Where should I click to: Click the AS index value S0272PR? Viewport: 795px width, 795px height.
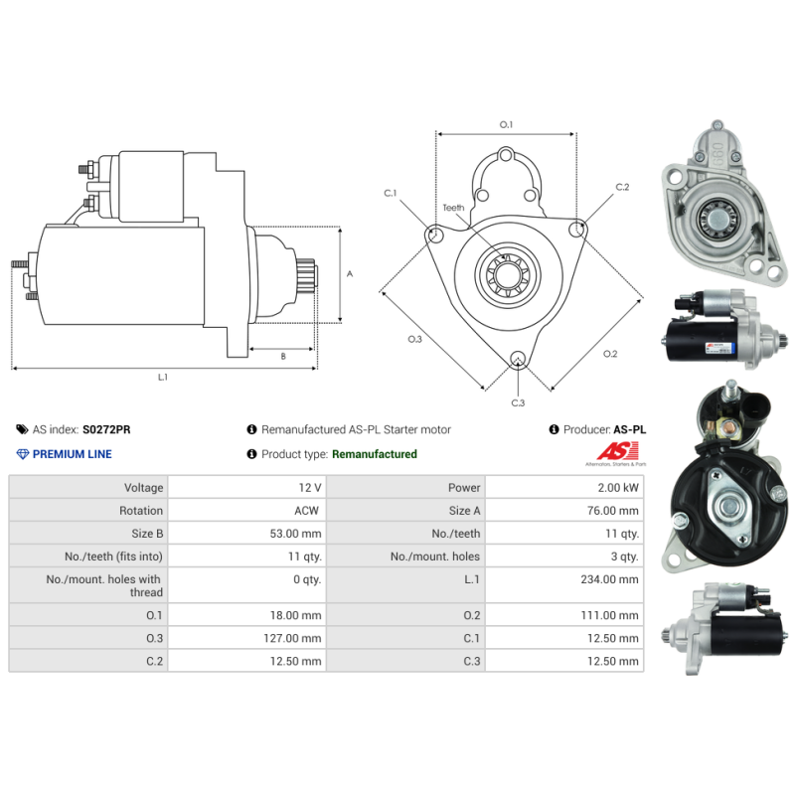[105, 429]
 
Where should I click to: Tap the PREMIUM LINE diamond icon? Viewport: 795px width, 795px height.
[23, 454]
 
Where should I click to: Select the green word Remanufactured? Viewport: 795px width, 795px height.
[374, 454]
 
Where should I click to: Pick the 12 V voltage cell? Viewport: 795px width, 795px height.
[309, 487]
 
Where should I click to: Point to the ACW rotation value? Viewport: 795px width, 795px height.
[307, 510]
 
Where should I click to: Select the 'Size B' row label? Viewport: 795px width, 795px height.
[143, 534]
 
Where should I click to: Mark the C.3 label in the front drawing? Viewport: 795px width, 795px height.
[518, 402]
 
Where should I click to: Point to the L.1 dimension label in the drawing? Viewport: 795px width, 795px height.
[163, 378]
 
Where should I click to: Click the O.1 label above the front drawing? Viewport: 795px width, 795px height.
[506, 124]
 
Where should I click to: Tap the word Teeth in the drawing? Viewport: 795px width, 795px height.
[453, 208]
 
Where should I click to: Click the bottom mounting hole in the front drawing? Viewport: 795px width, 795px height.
[517, 360]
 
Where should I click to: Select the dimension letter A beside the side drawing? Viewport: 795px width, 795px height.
[349, 273]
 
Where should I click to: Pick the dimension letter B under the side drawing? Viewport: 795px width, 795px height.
[282, 356]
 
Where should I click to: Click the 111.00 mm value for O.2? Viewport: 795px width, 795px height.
[612, 616]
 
